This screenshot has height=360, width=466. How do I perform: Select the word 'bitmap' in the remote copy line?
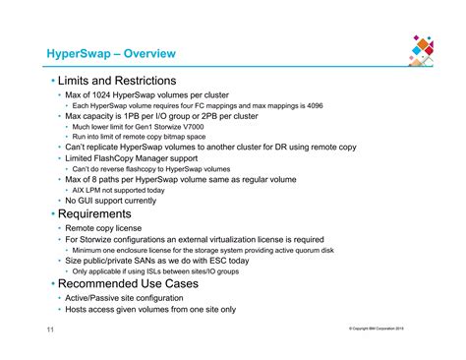186,137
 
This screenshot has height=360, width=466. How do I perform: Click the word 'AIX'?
80,191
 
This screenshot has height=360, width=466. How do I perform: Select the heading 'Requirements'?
93,214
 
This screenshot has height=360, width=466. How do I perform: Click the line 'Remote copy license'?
106,228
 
